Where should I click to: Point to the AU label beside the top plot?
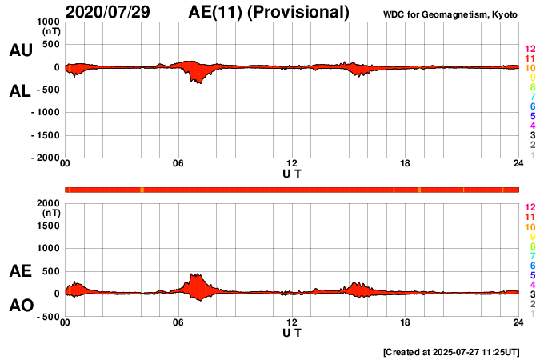click(x=20, y=50)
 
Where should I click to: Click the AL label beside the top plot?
click(x=20, y=91)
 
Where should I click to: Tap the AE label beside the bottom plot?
click(x=20, y=271)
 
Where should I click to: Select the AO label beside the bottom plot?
click(x=20, y=306)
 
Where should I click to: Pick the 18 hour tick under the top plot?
click(x=406, y=164)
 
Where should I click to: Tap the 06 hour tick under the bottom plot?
click(x=178, y=323)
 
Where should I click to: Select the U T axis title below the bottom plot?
click(x=292, y=332)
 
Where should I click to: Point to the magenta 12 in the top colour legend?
click(x=529, y=49)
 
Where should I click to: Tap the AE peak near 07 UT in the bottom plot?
click(x=195, y=274)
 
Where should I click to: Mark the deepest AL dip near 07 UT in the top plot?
click(x=198, y=82)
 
